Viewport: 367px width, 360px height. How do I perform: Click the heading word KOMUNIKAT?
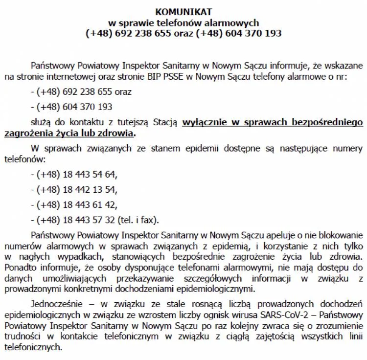(183, 11)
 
